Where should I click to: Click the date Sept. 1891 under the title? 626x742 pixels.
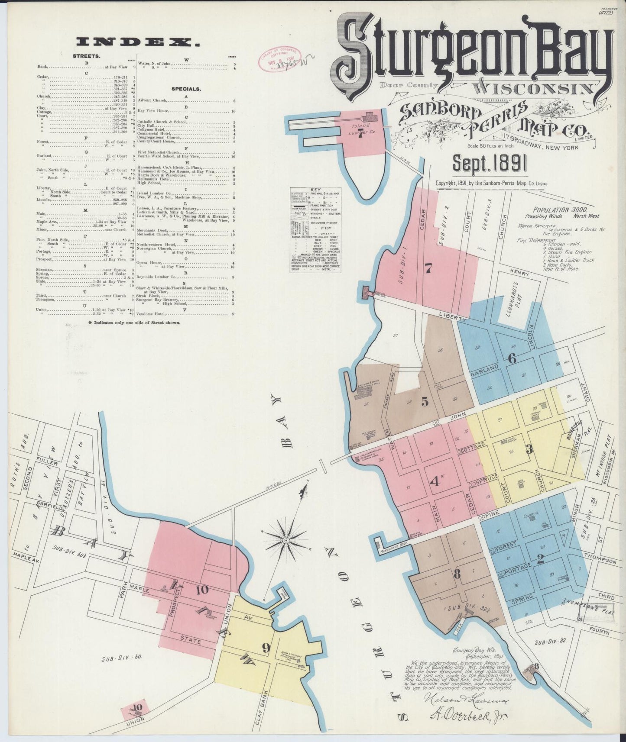pos(490,165)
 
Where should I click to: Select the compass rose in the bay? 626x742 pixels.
pos(285,541)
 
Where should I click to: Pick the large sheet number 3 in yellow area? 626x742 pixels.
pos(529,449)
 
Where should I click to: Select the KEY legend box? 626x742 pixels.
pos(315,229)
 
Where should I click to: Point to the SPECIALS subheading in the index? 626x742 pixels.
pos(186,89)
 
